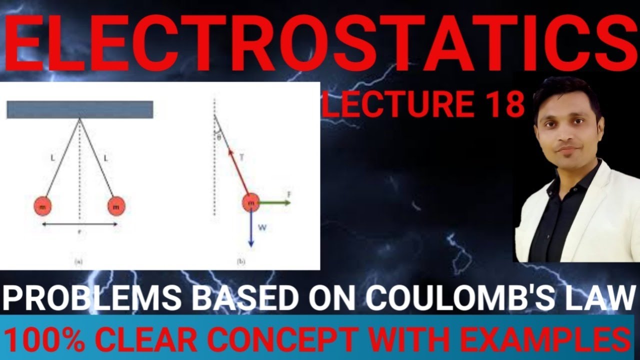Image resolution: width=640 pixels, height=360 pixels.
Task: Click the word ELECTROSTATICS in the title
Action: tap(320, 42)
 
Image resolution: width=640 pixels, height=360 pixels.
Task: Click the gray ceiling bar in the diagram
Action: tap(79, 109)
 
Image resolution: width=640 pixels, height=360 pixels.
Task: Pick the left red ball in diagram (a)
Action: tap(42, 205)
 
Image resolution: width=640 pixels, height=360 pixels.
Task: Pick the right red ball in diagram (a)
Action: tap(116, 205)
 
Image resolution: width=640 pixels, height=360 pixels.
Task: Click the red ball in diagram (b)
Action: tap(251, 203)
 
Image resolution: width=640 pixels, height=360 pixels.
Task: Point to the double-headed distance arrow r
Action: tap(79, 224)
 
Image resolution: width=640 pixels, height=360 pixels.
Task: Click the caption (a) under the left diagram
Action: tap(78, 261)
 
